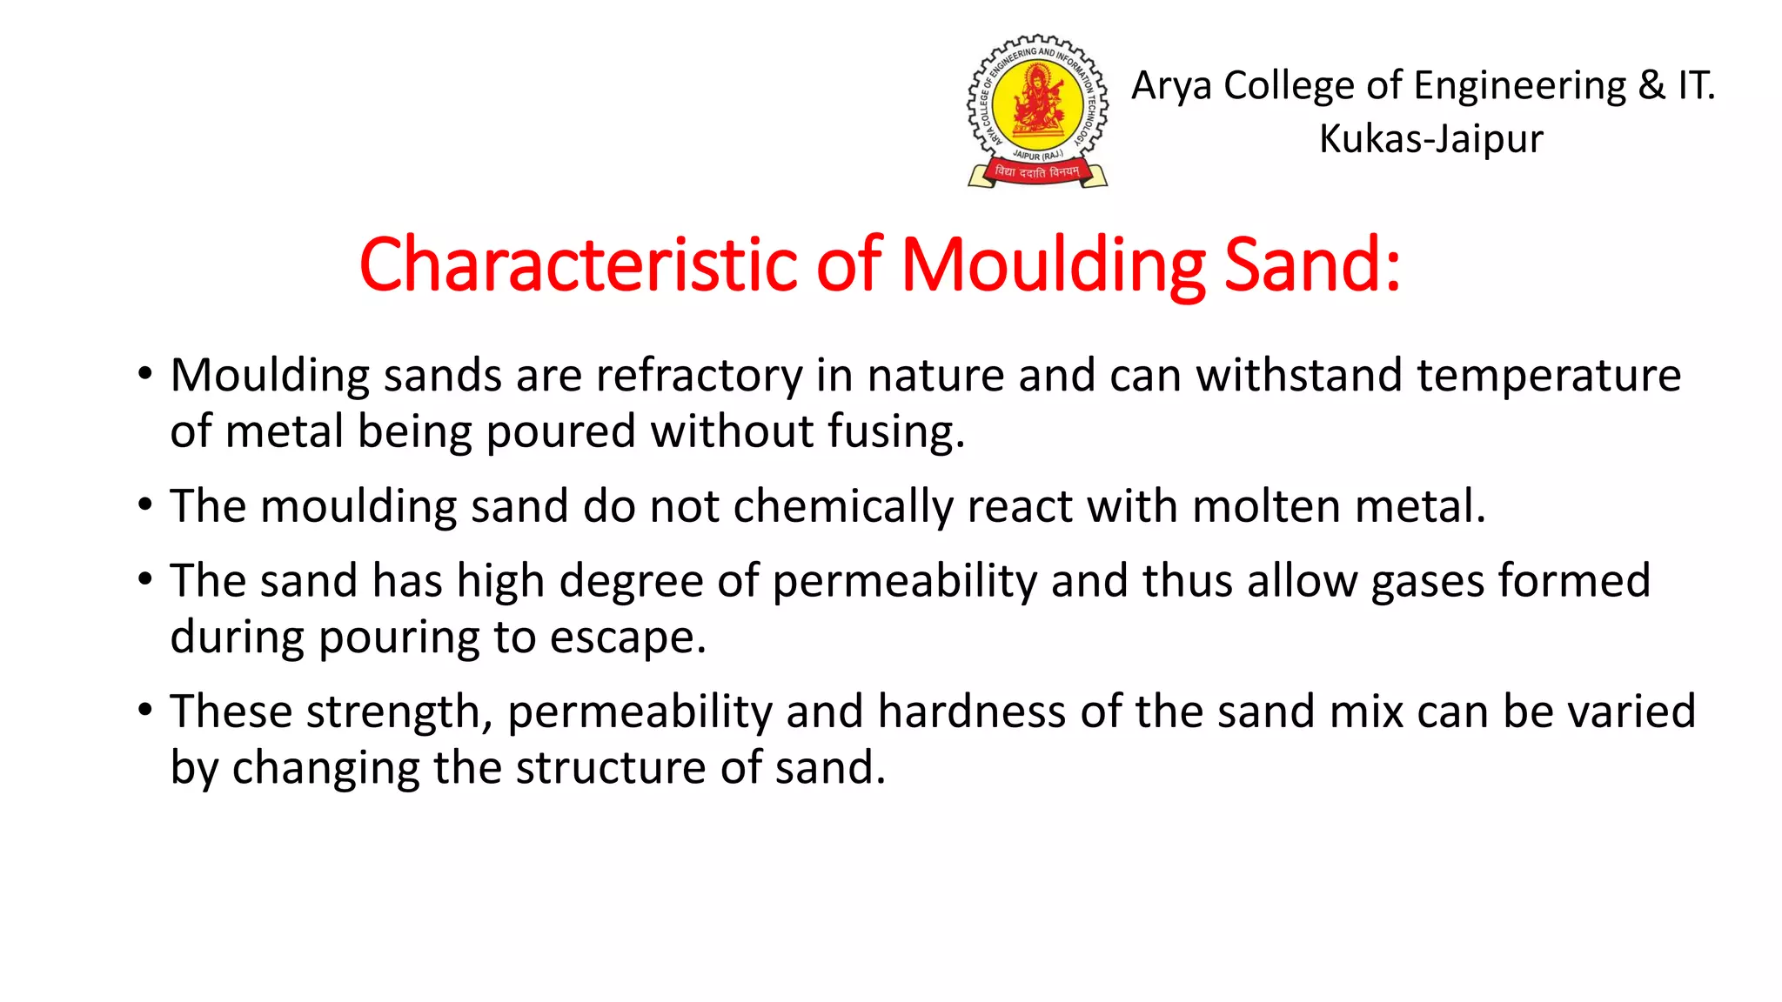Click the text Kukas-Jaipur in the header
pos(1430,139)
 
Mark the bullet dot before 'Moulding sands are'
pos(145,375)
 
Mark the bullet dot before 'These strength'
pos(145,711)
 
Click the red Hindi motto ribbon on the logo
pos(1037,172)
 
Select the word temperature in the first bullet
pos(1548,377)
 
